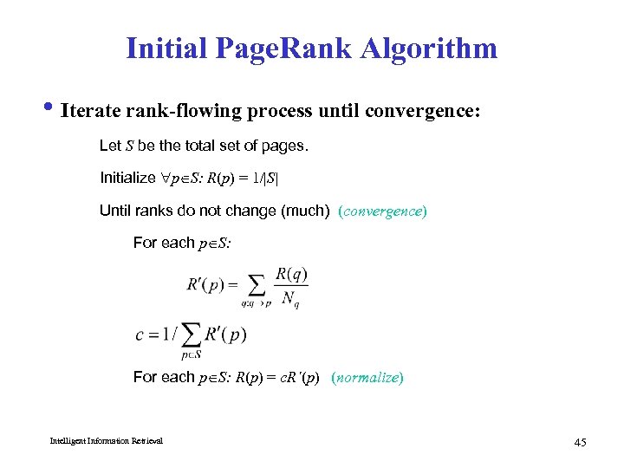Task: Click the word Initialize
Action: tap(127, 178)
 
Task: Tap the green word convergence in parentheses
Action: tap(382, 211)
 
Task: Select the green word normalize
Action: tap(367, 377)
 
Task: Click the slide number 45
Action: tap(580, 443)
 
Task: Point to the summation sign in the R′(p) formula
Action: tap(256, 285)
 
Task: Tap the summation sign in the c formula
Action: tap(192, 335)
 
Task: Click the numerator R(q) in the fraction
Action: tap(291, 275)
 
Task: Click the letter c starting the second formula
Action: tap(140, 335)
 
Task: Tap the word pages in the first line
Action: tap(283, 146)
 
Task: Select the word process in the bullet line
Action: tap(289, 112)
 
